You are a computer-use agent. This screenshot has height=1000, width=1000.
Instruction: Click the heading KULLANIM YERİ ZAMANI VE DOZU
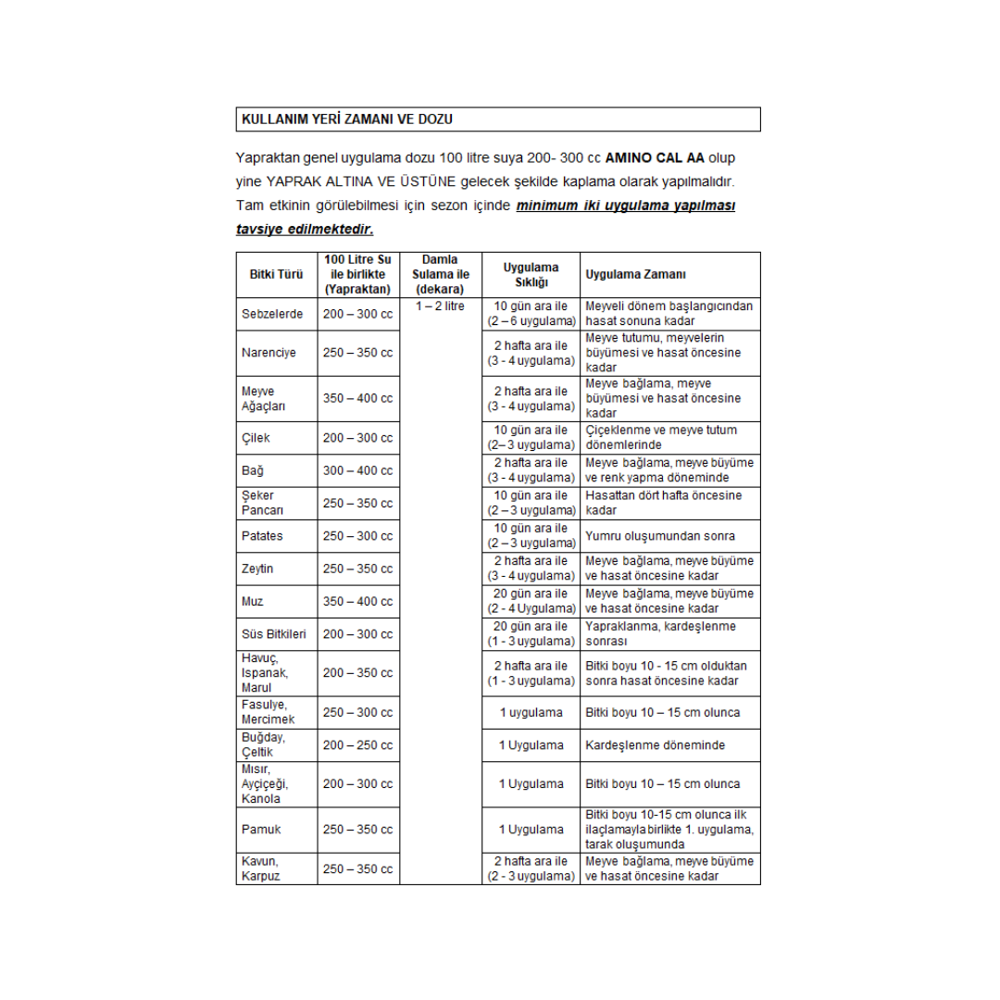click(x=346, y=119)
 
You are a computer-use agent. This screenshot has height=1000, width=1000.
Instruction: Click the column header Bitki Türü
click(x=276, y=275)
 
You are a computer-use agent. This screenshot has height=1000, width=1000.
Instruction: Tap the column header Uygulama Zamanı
click(x=635, y=275)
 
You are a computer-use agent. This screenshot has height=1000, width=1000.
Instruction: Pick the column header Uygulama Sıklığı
click(x=531, y=275)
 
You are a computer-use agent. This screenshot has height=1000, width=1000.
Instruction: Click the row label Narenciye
click(x=269, y=353)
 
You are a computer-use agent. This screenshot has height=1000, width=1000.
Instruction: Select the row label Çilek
click(x=256, y=438)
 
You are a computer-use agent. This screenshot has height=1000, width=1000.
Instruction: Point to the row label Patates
click(x=262, y=536)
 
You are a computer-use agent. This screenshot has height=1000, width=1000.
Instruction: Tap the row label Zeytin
click(x=257, y=569)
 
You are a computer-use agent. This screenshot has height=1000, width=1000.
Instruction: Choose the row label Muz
click(x=252, y=602)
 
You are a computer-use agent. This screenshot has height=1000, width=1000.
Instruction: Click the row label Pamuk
click(x=261, y=830)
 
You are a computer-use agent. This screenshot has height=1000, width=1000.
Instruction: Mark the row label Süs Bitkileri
click(x=274, y=634)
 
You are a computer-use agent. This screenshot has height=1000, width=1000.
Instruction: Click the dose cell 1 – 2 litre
click(x=440, y=306)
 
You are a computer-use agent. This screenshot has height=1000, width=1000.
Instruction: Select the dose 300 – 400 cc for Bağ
click(x=357, y=470)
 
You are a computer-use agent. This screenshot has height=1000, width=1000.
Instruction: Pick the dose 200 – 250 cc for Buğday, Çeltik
click(x=357, y=745)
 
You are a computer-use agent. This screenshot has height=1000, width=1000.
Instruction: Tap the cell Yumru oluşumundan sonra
click(x=660, y=536)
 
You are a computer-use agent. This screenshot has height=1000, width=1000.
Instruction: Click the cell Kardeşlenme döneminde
click(x=655, y=745)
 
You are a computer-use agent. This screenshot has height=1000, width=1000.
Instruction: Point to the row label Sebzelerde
click(x=272, y=314)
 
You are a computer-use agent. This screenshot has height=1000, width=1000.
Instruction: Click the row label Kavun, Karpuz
click(x=260, y=869)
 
